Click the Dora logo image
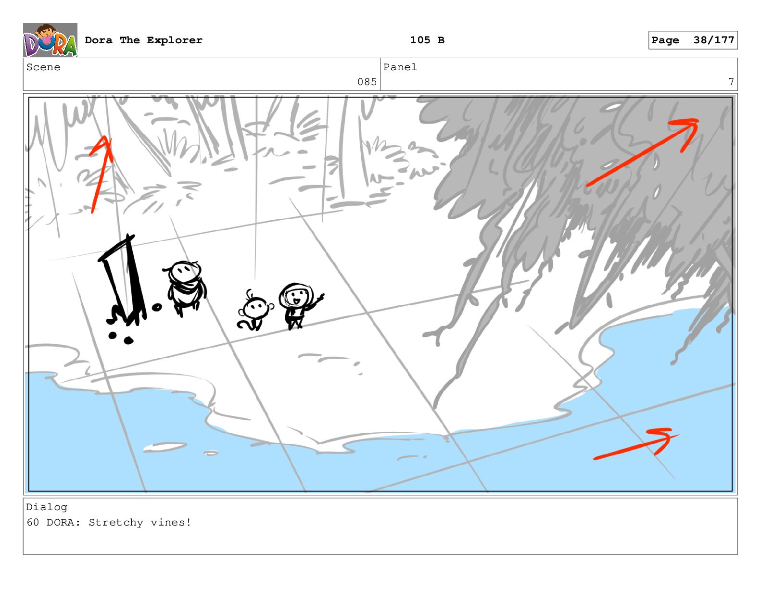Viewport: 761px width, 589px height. pyautogui.click(x=50, y=40)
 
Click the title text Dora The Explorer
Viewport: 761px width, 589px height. pyautogui.click(x=143, y=40)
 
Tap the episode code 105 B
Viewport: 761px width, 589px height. pyautogui.click(x=427, y=40)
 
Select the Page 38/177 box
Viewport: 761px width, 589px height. pyautogui.click(x=693, y=40)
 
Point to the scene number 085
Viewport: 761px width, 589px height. pyautogui.click(x=367, y=82)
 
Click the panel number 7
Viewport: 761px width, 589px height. pyautogui.click(x=731, y=82)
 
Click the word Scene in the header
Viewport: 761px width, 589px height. pyautogui.click(x=43, y=67)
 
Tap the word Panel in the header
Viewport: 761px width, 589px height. pyautogui.click(x=400, y=67)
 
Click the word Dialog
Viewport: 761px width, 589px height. pyautogui.click(x=47, y=507)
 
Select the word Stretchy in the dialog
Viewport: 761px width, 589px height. pyautogui.click(x=116, y=523)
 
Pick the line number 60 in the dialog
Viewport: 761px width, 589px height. pyautogui.click(x=33, y=523)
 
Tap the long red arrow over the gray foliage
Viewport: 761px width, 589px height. pyautogui.click(x=642, y=153)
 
